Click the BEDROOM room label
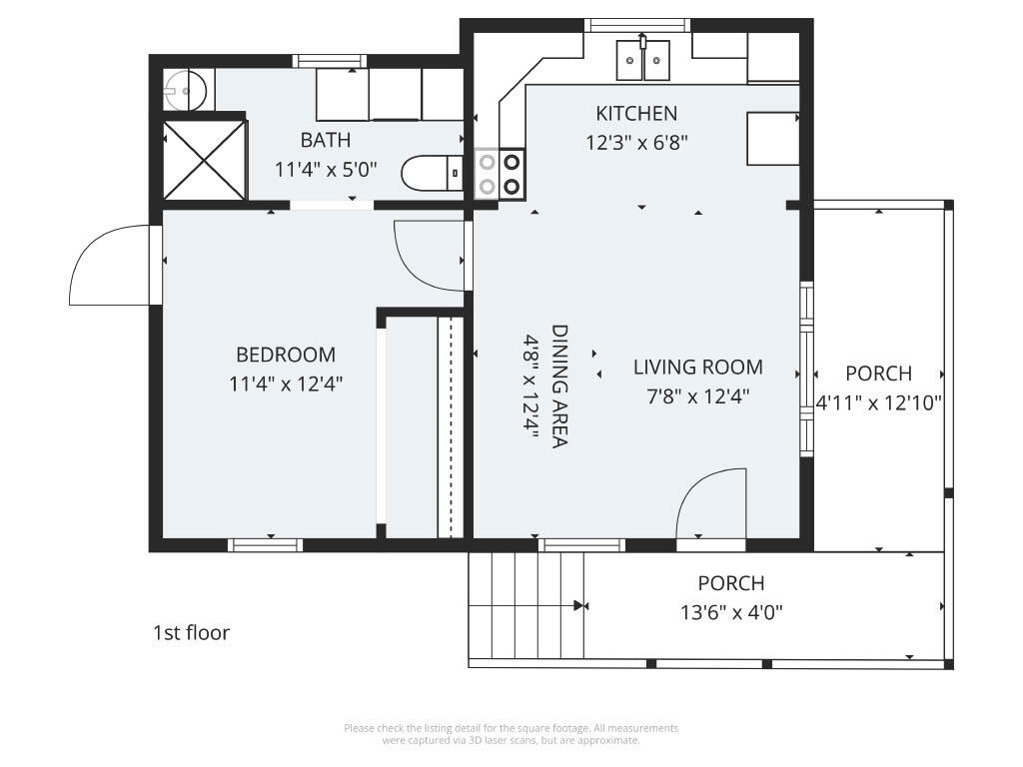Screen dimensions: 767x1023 tap(286, 355)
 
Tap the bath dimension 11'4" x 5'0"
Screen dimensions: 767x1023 tap(326, 169)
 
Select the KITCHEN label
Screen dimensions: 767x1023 tap(636, 113)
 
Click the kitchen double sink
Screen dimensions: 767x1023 tap(642, 59)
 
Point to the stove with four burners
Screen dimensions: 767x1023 tap(499, 173)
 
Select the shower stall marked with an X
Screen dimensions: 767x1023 tap(204, 160)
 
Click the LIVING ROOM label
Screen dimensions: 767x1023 tap(697, 368)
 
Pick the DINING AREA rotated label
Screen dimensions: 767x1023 tap(559, 385)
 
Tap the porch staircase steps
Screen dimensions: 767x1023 tap(526, 605)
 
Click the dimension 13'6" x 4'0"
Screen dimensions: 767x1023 tap(731, 611)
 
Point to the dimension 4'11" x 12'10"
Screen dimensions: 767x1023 tap(878, 402)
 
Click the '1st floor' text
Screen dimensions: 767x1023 tap(191, 632)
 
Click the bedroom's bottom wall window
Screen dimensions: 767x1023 tap(265, 545)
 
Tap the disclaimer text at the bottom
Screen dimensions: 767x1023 tap(511, 734)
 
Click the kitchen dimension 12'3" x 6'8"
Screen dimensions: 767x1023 tap(636, 142)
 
